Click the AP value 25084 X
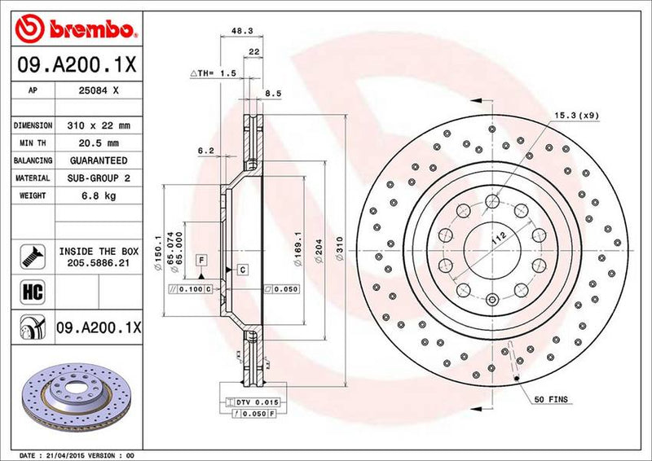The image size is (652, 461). [100, 92]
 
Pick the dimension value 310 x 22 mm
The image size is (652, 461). [100, 126]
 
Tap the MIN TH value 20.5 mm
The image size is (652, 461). [100, 144]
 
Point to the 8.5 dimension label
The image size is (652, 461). [273, 94]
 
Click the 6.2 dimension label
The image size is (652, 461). [205, 151]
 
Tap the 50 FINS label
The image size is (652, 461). [552, 401]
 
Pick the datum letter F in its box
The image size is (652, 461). [199, 259]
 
